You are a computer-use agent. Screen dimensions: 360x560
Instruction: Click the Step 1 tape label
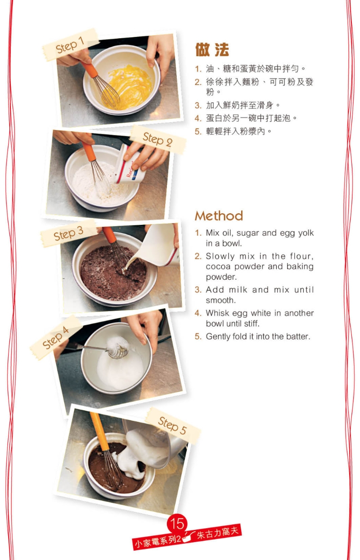(x=70, y=45)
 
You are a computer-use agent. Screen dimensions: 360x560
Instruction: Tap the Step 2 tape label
(x=158, y=139)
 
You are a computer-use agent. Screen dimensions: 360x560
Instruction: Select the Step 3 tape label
(x=69, y=233)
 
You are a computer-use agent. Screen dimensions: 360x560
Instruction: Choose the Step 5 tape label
(x=173, y=426)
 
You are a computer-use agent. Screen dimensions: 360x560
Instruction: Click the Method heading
(x=219, y=216)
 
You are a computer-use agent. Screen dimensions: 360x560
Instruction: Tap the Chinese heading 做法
(x=212, y=49)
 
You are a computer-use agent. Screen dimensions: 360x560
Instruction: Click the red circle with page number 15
(x=177, y=523)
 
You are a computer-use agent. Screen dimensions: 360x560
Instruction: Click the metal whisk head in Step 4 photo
(x=117, y=348)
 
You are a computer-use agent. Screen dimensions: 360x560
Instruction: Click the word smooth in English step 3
(x=220, y=300)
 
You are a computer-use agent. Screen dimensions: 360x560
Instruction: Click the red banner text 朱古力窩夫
(x=217, y=533)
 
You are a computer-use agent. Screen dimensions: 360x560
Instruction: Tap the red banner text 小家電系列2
(x=157, y=542)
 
